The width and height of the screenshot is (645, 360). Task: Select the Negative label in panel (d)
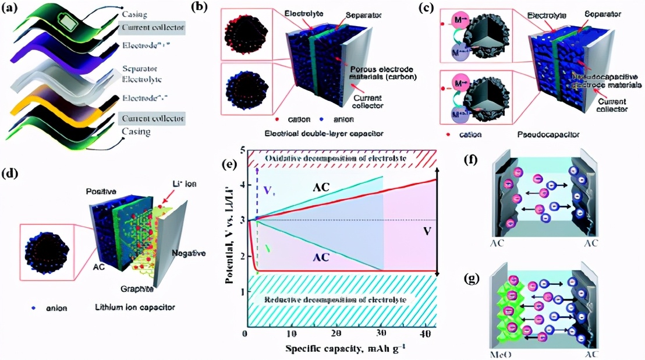point(190,253)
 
